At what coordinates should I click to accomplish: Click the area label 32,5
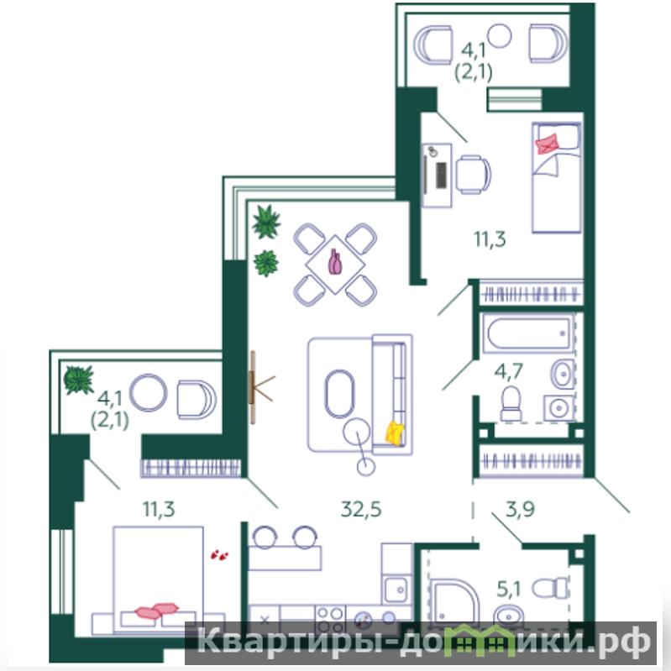tap(361, 510)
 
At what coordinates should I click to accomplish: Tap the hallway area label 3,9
tap(520, 509)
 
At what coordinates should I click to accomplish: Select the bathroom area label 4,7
tap(508, 370)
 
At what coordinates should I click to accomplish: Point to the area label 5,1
tap(508, 590)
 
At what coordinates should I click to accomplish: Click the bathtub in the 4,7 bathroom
tap(528, 333)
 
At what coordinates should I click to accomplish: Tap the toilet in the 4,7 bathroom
tap(511, 404)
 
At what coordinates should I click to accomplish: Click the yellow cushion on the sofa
tap(395, 433)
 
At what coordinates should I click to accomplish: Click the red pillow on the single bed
tap(548, 144)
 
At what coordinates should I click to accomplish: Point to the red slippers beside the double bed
tap(219, 555)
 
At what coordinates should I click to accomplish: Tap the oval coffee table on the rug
tap(340, 394)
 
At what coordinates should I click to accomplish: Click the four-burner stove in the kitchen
tap(330, 619)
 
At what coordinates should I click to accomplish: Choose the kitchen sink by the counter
tap(396, 590)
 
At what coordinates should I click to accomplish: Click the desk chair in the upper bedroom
tap(474, 175)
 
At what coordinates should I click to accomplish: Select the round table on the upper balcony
tap(500, 35)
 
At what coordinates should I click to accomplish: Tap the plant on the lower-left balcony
tap(78, 380)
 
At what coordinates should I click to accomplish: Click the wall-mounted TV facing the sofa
tap(253, 387)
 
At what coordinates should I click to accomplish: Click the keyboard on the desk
tap(441, 175)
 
